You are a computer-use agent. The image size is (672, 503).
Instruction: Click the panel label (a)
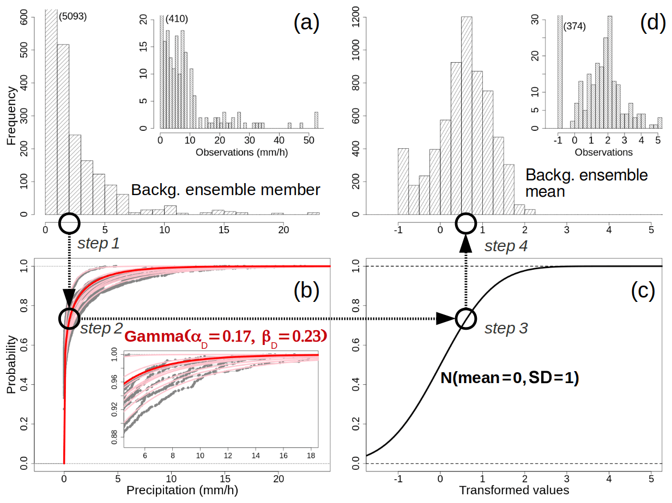306,23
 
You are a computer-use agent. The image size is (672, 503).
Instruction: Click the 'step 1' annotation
98,243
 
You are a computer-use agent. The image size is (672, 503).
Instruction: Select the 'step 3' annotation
506,329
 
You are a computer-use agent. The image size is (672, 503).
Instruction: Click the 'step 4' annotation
506,246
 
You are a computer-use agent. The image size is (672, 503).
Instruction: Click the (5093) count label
72,16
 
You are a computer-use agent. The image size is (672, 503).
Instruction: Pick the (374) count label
574,26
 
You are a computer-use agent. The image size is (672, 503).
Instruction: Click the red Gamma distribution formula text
226,336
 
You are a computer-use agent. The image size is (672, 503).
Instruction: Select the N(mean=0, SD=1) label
510,378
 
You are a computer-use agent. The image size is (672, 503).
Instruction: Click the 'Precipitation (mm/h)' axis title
182,490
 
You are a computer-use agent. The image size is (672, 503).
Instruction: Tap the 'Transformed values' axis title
514,490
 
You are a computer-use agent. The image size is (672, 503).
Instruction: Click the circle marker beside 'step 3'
465,318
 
